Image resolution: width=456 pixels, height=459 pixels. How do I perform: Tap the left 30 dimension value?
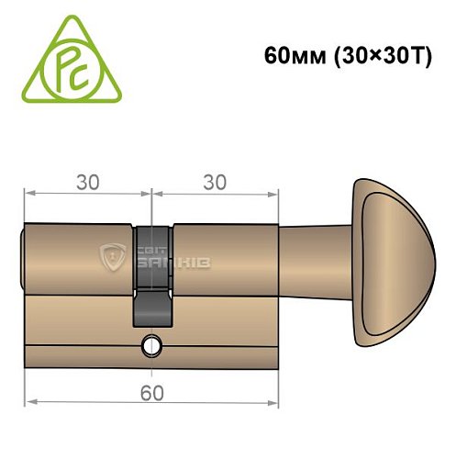tap(87, 182)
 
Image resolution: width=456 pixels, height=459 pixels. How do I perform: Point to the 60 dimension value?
tap(150, 394)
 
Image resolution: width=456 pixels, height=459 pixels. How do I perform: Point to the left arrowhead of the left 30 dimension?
tap(29, 194)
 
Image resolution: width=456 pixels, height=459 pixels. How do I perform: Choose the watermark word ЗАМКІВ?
tap(175, 264)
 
